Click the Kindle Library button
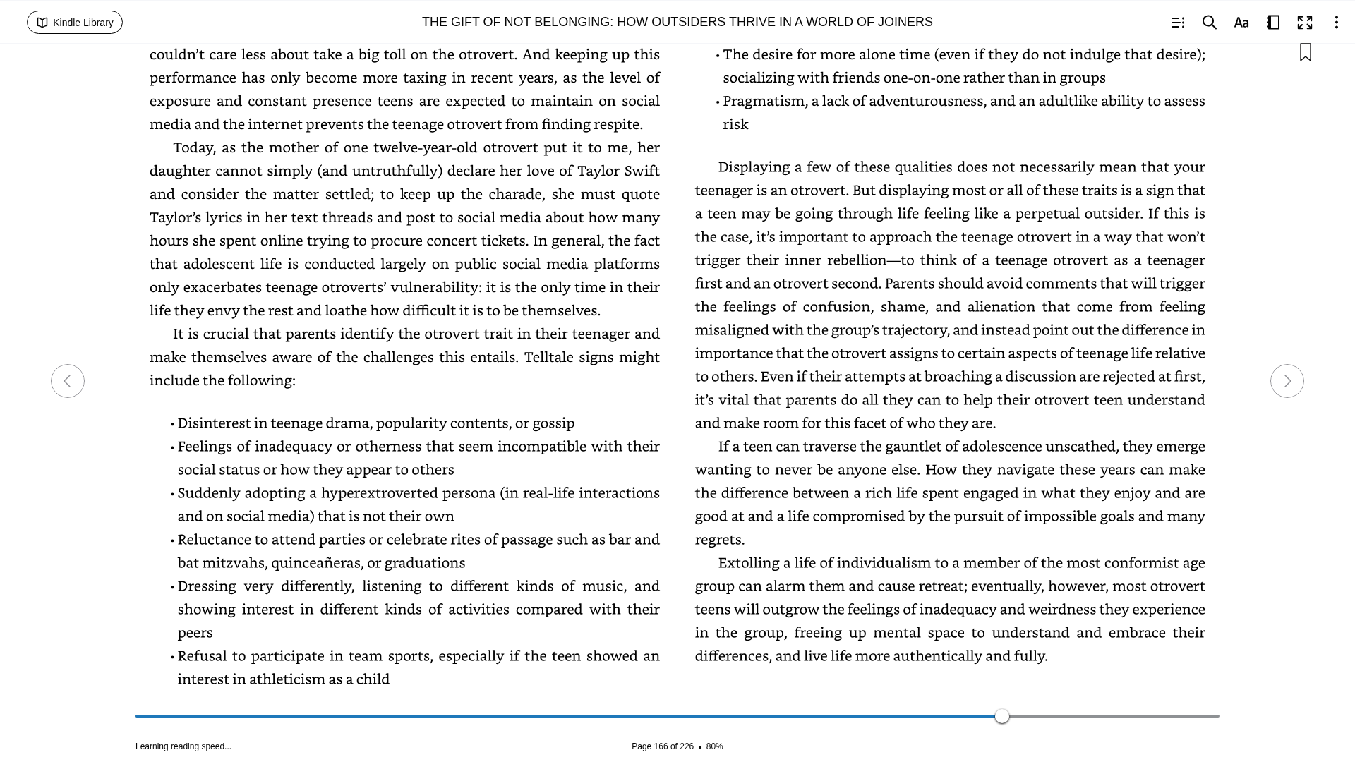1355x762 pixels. [75, 23]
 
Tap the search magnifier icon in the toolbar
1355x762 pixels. [1209, 23]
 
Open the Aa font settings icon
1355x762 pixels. [1241, 23]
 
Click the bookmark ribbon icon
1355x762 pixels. [1305, 53]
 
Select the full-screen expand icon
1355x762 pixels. [1304, 23]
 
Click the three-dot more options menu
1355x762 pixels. [1336, 23]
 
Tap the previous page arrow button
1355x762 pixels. [68, 381]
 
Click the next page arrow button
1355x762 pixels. [1287, 381]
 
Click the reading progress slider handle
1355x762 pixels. [1001, 716]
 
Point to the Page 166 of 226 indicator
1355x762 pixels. [662, 746]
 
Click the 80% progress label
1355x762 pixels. [714, 746]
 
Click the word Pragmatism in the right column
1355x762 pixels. [764, 101]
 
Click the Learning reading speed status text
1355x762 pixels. [183, 746]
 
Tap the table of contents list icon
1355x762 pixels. [1177, 23]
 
